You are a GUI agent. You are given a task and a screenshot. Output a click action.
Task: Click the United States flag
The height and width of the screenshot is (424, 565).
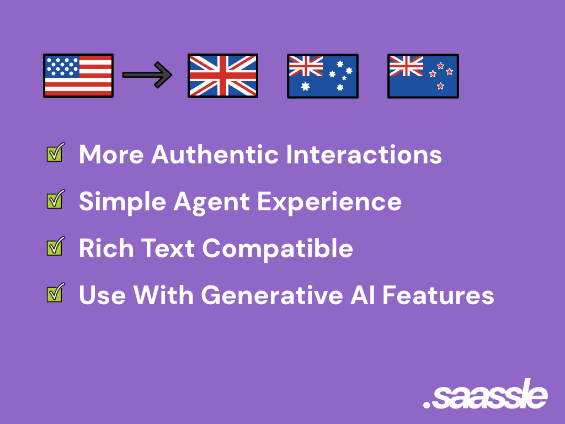tap(78, 76)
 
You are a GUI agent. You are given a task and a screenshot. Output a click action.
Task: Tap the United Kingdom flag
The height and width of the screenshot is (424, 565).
tap(223, 76)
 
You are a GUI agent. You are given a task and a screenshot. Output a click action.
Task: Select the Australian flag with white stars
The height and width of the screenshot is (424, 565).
tap(322, 76)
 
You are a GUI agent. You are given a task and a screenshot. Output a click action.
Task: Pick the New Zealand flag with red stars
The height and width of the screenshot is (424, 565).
tap(423, 76)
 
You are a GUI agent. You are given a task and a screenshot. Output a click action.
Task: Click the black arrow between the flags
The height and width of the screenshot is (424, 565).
tap(147, 75)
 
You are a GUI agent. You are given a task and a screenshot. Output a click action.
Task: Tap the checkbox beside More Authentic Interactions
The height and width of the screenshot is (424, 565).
tap(56, 152)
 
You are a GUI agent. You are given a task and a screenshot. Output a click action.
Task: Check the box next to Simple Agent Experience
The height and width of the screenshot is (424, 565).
tap(56, 199)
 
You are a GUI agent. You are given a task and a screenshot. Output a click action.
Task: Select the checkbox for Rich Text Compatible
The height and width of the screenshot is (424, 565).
tap(56, 246)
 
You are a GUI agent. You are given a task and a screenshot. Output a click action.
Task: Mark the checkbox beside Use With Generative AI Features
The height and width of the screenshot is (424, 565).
tap(56, 293)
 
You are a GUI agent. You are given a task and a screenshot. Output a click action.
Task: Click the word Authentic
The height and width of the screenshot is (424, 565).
tap(215, 155)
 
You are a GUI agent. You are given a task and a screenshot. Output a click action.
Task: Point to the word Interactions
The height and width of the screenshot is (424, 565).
tap(364, 155)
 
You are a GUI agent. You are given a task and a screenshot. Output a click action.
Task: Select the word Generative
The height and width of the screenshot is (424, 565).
tap(272, 295)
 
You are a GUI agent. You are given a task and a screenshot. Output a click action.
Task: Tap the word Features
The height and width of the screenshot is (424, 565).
tap(438, 295)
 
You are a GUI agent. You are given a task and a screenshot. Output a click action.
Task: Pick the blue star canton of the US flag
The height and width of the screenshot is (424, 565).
tap(62, 67)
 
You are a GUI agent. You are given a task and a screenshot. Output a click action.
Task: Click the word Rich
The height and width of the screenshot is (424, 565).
tap(106, 248)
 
